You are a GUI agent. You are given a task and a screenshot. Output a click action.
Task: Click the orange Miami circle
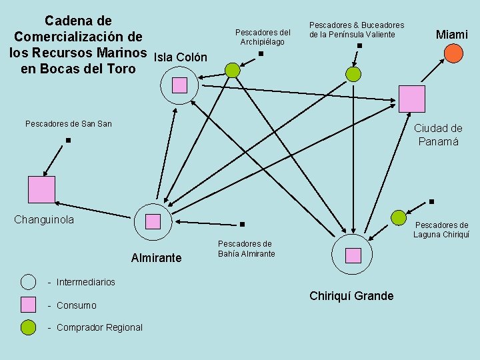[x=453, y=53]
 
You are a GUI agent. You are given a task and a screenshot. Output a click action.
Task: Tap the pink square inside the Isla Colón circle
[x=179, y=85]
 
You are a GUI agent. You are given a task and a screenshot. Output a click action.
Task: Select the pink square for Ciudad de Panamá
[x=412, y=99]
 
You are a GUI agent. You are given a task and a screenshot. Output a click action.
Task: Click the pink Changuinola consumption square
[x=41, y=189]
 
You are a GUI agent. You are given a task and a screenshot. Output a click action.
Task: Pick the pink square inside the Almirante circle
[x=153, y=221]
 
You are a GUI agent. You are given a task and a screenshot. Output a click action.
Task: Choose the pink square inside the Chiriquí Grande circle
[x=353, y=255]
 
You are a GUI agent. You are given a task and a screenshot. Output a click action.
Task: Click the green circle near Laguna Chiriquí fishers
[x=398, y=217]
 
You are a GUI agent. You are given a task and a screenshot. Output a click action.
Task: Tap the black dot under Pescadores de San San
[x=68, y=141]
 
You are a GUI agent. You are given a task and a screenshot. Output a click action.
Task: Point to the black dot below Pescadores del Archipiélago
[x=261, y=54]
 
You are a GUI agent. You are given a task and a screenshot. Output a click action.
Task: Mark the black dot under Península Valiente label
[x=359, y=45]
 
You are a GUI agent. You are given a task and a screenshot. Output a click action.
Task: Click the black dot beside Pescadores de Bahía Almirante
[x=242, y=225]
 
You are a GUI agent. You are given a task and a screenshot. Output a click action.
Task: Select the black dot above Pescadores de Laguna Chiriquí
[x=431, y=201]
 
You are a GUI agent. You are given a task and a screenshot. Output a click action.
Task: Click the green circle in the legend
[x=28, y=327]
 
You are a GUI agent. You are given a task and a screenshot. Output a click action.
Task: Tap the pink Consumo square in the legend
[x=28, y=305]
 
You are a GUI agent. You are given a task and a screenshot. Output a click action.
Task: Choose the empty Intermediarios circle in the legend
[x=28, y=282]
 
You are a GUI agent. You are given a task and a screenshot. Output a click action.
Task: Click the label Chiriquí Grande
[x=351, y=296]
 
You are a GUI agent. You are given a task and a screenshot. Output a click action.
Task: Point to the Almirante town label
[x=156, y=257]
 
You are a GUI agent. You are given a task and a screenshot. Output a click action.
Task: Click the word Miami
[x=452, y=34]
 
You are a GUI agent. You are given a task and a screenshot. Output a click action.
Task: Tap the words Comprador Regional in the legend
[x=99, y=327]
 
